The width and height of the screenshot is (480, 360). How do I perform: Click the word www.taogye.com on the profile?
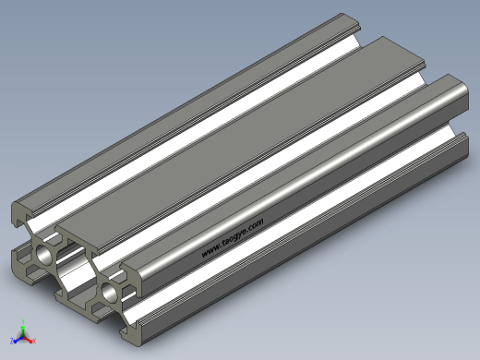233,238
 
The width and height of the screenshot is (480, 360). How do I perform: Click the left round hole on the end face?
44,255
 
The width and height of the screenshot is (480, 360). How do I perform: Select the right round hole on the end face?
109,293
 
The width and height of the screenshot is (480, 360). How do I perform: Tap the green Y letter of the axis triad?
23,321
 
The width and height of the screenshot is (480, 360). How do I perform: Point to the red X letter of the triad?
34,341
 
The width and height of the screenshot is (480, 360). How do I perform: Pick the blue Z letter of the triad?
12,341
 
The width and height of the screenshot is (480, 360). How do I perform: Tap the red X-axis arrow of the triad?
28,340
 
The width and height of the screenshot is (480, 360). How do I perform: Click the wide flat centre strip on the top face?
240,144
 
